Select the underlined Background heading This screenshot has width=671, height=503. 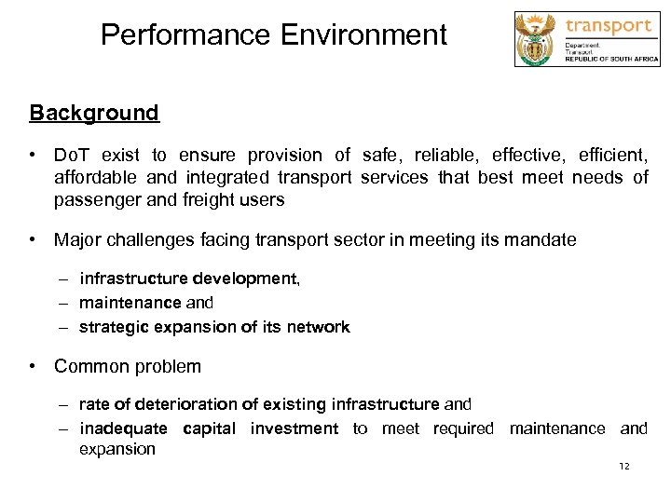coord(94,114)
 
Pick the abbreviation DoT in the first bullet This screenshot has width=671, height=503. coord(72,156)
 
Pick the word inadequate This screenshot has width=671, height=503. coord(124,428)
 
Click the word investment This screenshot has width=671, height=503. coord(293,428)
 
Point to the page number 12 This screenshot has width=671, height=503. coord(624,466)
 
